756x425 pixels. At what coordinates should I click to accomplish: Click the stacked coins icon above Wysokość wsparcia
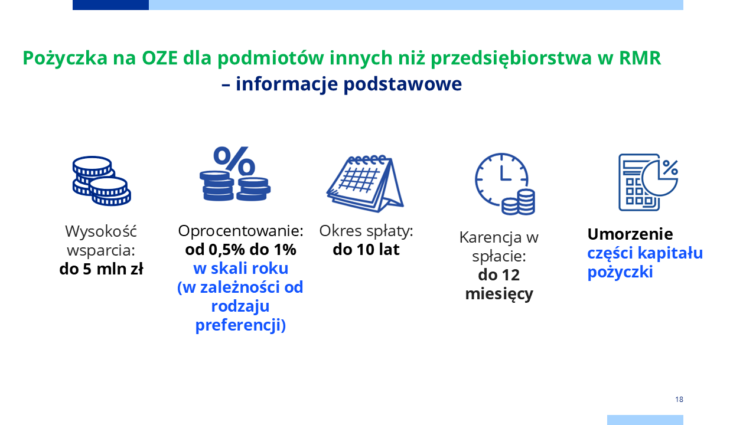coord(102,181)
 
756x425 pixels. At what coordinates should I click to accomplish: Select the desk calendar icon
coord(365,184)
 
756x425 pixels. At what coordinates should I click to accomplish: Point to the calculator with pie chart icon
coord(648,182)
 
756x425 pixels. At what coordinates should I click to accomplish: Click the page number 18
coord(679,400)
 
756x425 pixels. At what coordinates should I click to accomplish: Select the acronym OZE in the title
coord(159,58)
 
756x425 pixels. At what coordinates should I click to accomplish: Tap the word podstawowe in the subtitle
coord(402,84)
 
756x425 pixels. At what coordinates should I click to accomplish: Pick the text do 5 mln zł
coord(101,269)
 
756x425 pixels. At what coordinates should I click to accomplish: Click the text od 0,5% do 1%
coord(240,250)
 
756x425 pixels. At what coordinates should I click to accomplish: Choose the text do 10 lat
coord(366,250)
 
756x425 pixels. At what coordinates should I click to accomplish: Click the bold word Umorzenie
coord(630,234)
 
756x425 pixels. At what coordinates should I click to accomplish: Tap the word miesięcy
coord(499,294)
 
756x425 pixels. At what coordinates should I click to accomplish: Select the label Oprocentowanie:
coord(240,231)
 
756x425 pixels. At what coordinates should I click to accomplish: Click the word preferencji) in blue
coord(240,325)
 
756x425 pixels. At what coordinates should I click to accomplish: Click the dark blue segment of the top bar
coord(110,5)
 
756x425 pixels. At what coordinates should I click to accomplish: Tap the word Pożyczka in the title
coord(65,58)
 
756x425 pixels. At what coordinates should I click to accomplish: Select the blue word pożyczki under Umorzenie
coord(620,272)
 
